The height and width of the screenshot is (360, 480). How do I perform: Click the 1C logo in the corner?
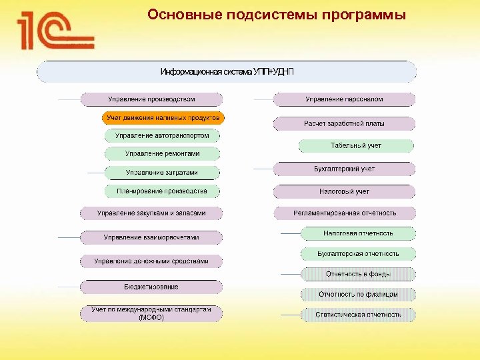(x=56, y=31)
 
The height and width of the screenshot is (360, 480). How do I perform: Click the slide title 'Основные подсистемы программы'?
(x=276, y=15)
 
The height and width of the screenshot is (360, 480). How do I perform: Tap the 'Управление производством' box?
(x=151, y=99)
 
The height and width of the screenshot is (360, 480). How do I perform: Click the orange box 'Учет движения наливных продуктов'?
(x=163, y=118)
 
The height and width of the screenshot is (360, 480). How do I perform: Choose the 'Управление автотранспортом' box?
(x=162, y=135)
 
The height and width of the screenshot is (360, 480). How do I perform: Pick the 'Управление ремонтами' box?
(x=162, y=153)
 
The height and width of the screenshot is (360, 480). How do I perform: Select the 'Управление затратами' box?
(x=162, y=173)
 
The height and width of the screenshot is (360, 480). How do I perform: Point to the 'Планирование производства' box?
(x=162, y=191)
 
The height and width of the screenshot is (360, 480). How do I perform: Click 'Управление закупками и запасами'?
(x=151, y=213)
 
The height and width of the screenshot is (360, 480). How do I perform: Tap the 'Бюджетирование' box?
(x=151, y=287)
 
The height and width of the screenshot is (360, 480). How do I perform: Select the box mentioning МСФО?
(x=151, y=313)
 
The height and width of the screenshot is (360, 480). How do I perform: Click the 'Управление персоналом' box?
(x=344, y=99)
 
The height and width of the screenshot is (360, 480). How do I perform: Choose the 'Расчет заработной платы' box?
(x=344, y=123)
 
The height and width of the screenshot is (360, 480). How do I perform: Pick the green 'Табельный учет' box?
(x=356, y=145)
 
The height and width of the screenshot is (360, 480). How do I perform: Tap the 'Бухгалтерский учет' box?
(x=344, y=169)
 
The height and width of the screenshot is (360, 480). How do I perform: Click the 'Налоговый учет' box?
(x=344, y=191)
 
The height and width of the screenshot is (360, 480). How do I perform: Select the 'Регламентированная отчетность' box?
(x=344, y=213)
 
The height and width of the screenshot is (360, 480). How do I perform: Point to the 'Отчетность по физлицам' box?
(x=358, y=294)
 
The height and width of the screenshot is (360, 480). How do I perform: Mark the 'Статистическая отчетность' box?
(x=358, y=314)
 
